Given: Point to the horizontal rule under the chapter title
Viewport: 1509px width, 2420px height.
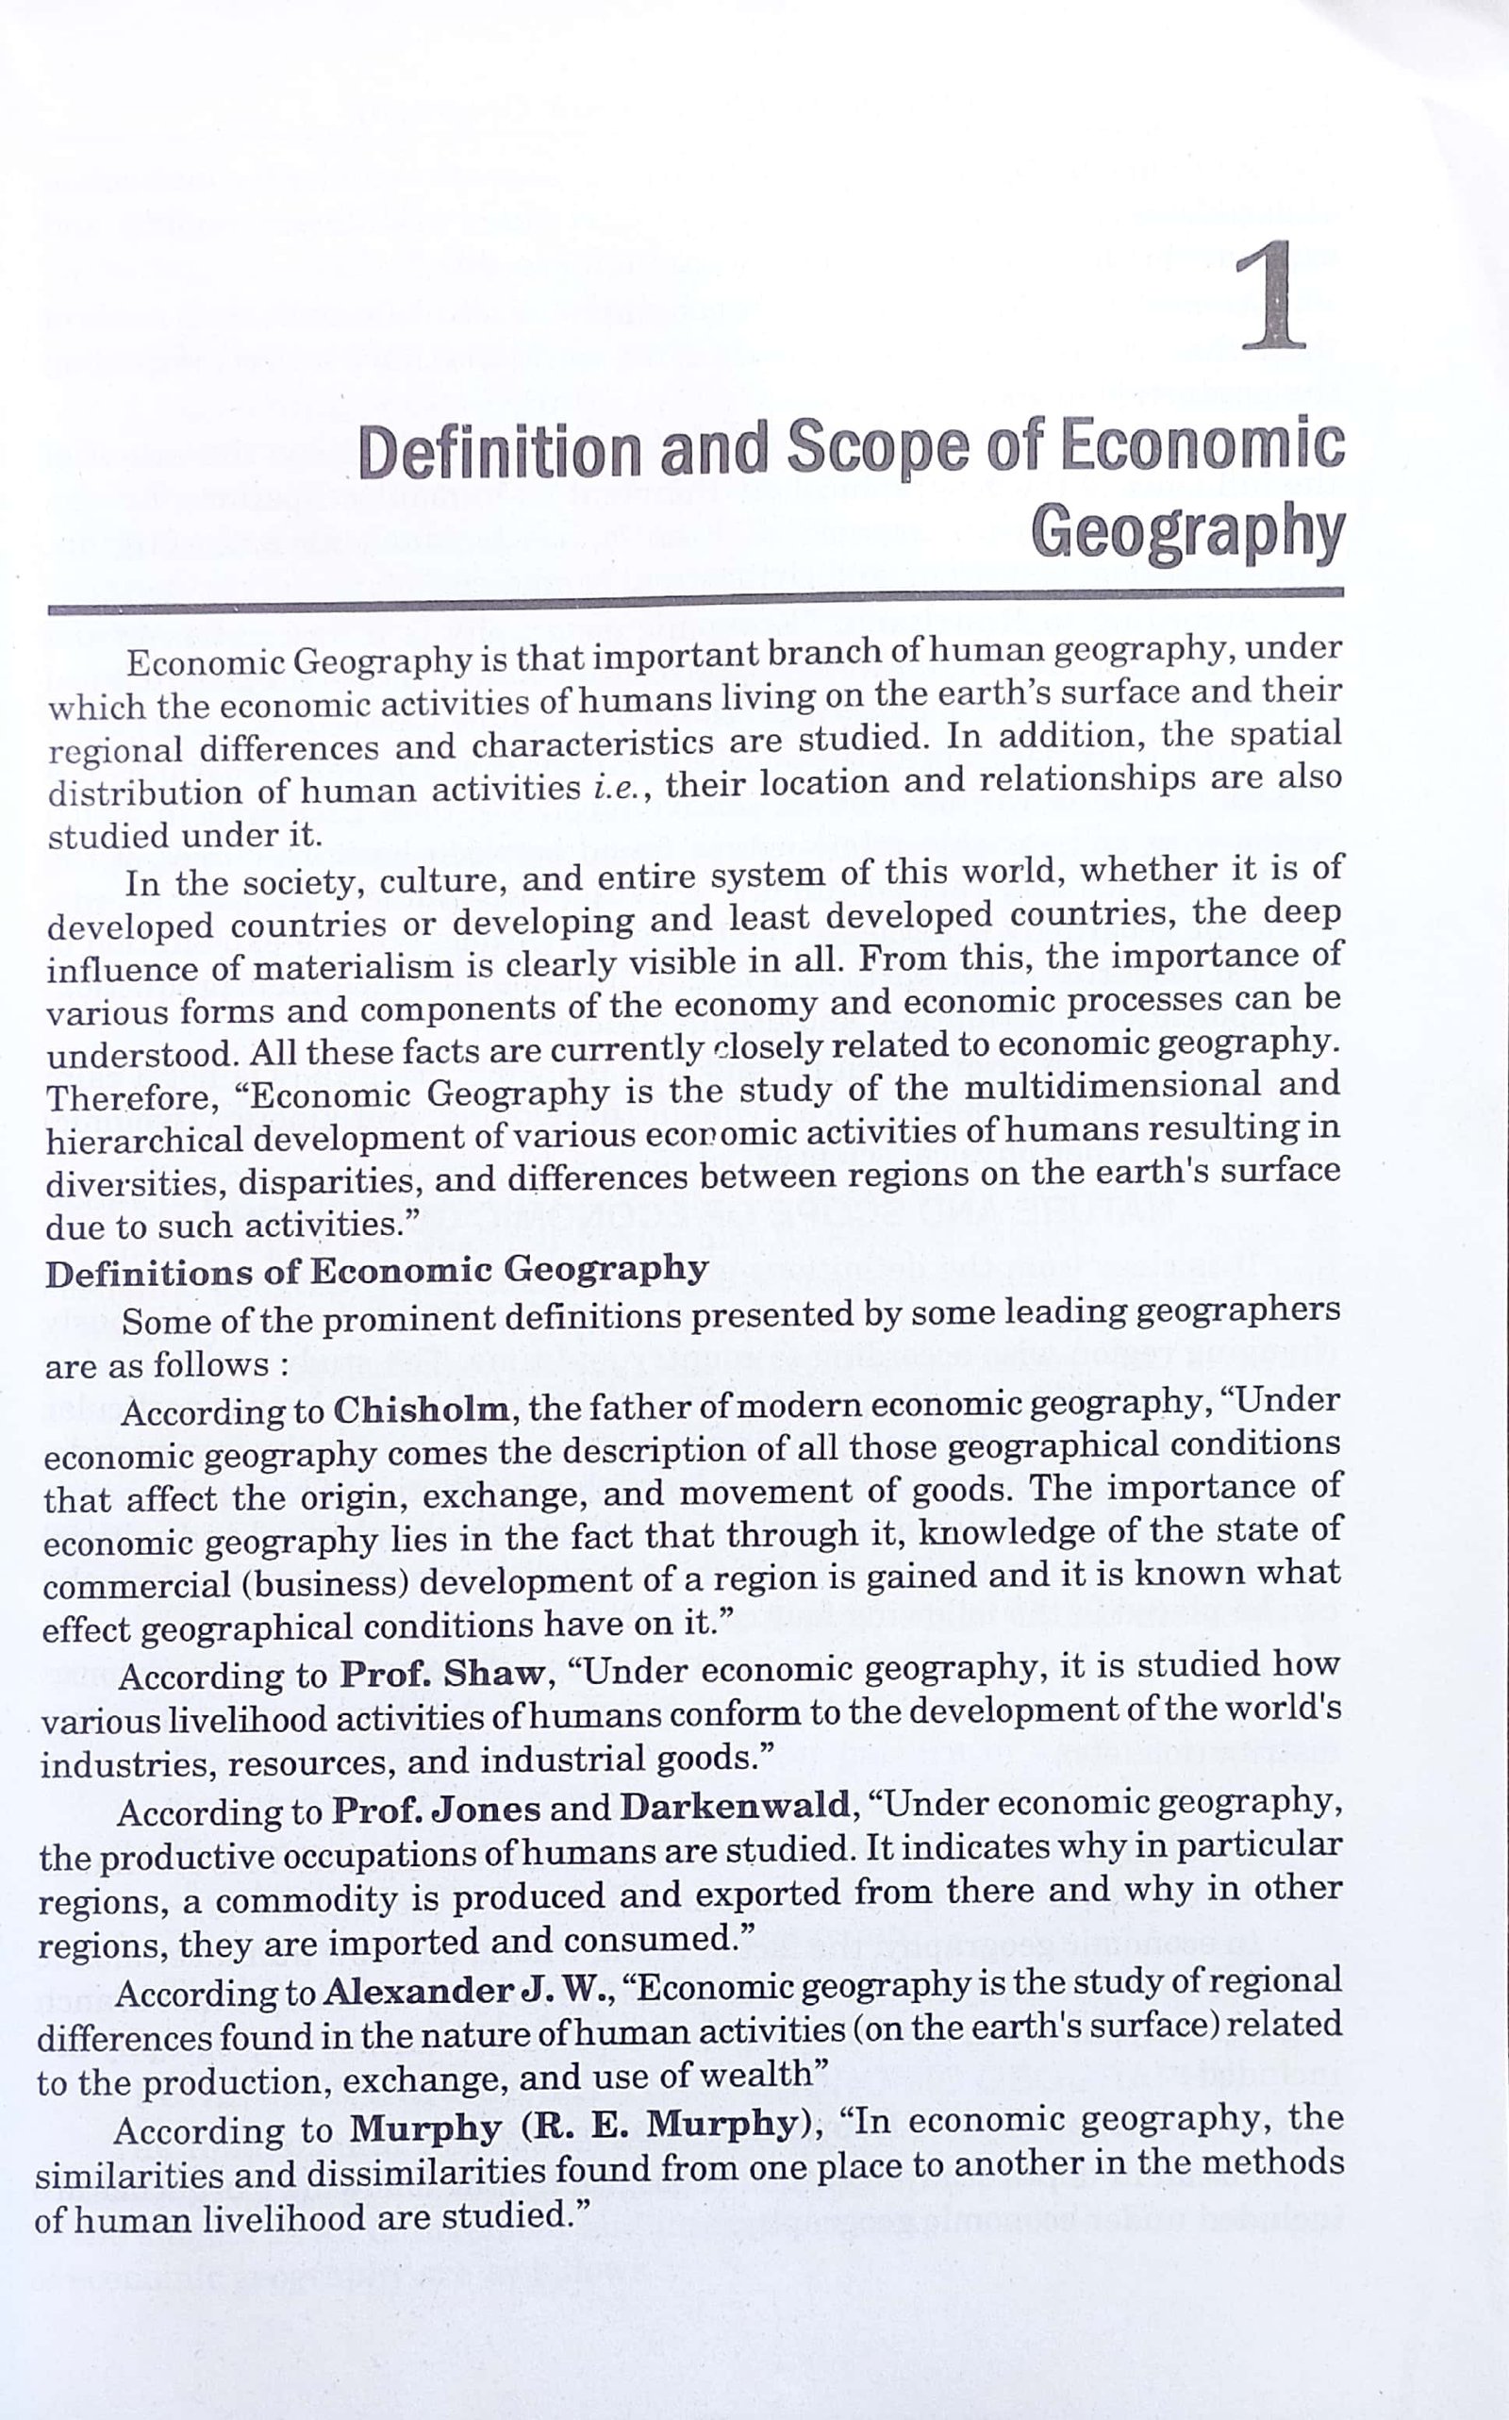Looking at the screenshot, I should coord(696,602).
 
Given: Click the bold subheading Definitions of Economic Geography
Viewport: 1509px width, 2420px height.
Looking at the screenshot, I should coord(376,1272).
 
